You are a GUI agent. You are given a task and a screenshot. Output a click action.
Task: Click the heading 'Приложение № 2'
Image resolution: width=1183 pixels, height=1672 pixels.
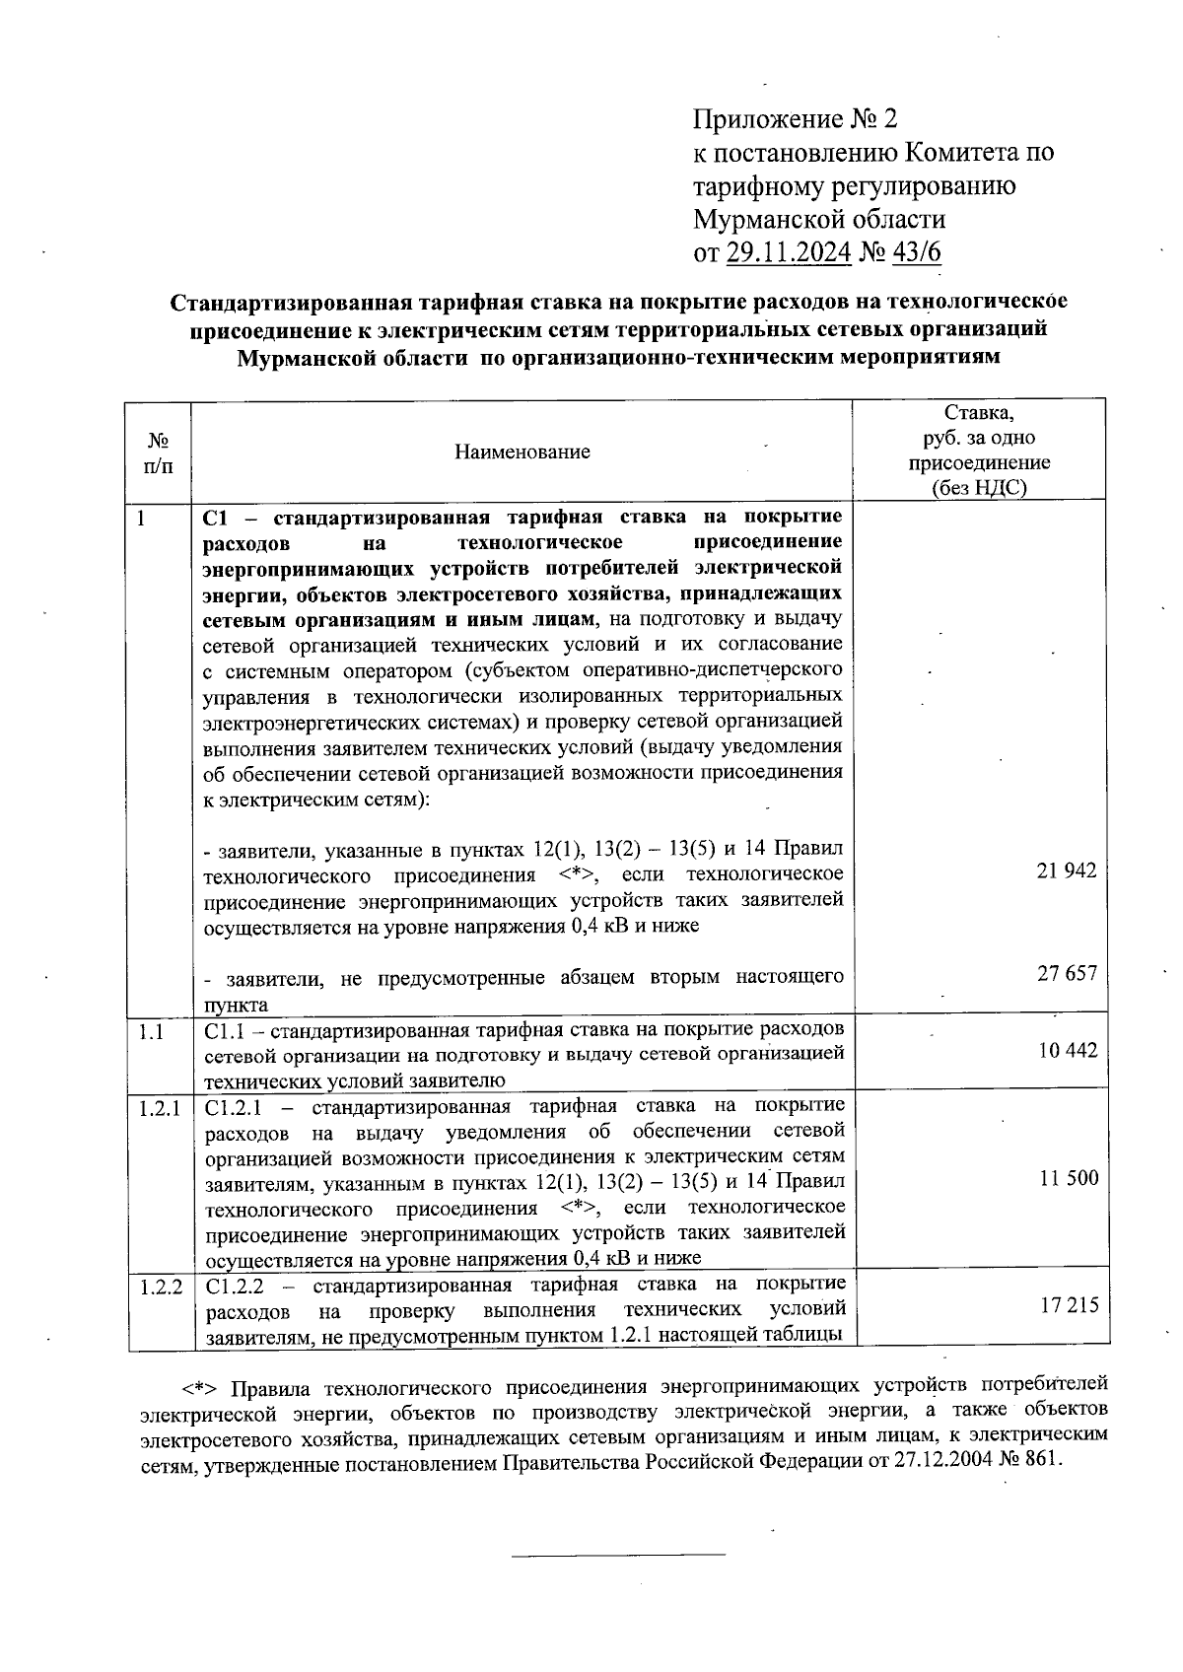click(796, 120)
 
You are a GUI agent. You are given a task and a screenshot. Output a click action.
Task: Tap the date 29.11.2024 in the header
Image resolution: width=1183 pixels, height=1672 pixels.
click(789, 253)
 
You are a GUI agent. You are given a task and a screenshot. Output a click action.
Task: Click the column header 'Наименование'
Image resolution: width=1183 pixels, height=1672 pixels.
click(522, 452)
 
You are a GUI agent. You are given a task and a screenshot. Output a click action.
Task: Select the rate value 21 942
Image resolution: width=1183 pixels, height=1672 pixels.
click(1067, 871)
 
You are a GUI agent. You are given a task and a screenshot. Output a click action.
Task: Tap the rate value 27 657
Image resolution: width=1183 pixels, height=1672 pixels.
click(1067, 973)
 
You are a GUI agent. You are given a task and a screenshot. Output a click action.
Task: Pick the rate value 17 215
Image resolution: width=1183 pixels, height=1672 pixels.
click(1069, 1306)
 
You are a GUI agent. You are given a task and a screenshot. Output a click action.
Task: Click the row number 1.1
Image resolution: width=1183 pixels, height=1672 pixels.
click(150, 1031)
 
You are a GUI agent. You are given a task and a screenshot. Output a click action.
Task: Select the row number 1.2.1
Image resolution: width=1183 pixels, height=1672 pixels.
click(160, 1108)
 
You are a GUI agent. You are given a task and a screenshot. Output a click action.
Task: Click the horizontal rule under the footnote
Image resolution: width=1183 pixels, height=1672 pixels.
click(618, 1556)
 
